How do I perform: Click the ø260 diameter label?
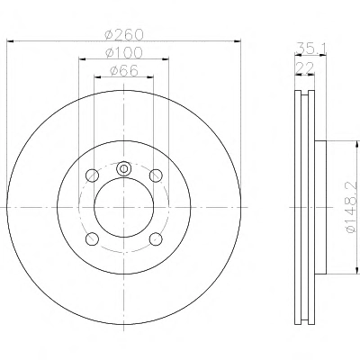(124, 34)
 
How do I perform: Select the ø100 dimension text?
(124, 53)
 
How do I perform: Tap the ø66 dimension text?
(124, 71)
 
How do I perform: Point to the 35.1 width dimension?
(310, 48)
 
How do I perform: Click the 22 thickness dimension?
(304, 67)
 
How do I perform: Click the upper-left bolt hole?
(92, 175)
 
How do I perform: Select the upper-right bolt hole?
(156, 175)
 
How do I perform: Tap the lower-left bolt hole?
(92, 238)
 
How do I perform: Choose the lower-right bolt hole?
(156, 238)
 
